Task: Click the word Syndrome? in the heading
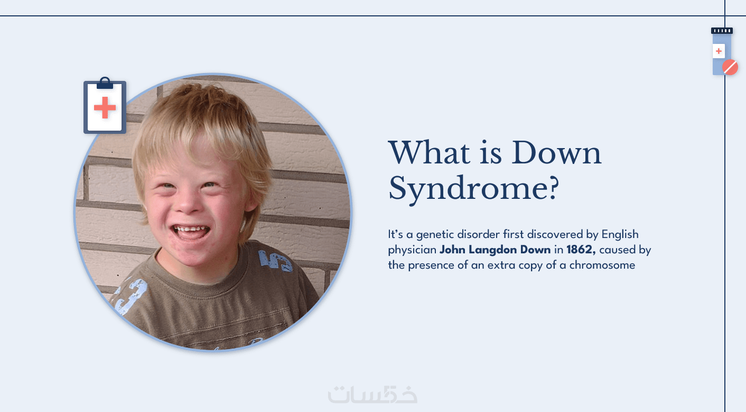pyautogui.click(x=473, y=188)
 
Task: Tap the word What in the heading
pyautogui.click(x=430, y=153)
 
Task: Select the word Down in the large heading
pyautogui.click(x=556, y=153)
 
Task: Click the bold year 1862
pyautogui.click(x=581, y=249)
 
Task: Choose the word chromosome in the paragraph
pyautogui.click(x=602, y=265)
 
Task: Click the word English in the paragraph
pyautogui.click(x=620, y=235)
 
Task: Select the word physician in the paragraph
pyautogui.click(x=412, y=250)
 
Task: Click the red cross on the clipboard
pyautogui.click(x=105, y=107)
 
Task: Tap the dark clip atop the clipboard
pyautogui.click(x=105, y=84)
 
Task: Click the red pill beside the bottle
pyautogui.click(x=730, y=67)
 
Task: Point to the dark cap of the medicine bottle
pyautogui.click(x=722, y=31)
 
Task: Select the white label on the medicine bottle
pyautogui.click(x=719, y=51)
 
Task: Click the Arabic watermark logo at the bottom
pyautogui.click(x=372, y=395)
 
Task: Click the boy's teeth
pyautogui.click(x=190, y=230)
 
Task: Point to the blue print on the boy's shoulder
pyautogui.click(x=275, y=260)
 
